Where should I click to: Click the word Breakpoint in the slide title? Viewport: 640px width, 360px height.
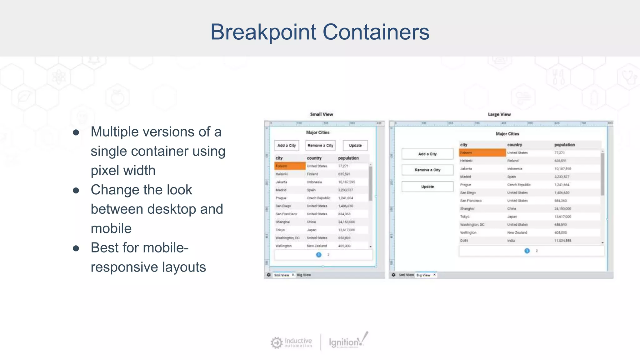[263, 32]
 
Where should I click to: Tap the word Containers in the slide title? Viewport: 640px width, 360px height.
[376, 32]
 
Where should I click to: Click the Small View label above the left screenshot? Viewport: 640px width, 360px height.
[322, 114]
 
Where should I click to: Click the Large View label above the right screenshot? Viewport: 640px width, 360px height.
[499, 114]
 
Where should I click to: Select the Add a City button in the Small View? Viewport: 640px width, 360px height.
[287, 146]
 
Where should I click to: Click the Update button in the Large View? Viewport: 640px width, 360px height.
[427, 187]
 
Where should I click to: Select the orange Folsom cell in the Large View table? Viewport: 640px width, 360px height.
[482, 153]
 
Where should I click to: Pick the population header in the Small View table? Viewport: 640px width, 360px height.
[348, 158]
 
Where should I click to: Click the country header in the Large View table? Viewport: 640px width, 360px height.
[515, 145]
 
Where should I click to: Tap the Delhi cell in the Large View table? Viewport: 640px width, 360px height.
[464, 241]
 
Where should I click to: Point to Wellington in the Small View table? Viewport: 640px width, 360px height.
[283, 246]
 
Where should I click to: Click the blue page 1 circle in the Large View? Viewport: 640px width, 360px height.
[527, 251]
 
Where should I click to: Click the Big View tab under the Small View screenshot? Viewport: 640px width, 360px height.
[304, 275]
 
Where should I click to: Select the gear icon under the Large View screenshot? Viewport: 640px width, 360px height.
[393, 275]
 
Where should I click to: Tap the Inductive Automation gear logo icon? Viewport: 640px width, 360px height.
[277, 342]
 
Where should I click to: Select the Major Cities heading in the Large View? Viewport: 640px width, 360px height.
[507, 134]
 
